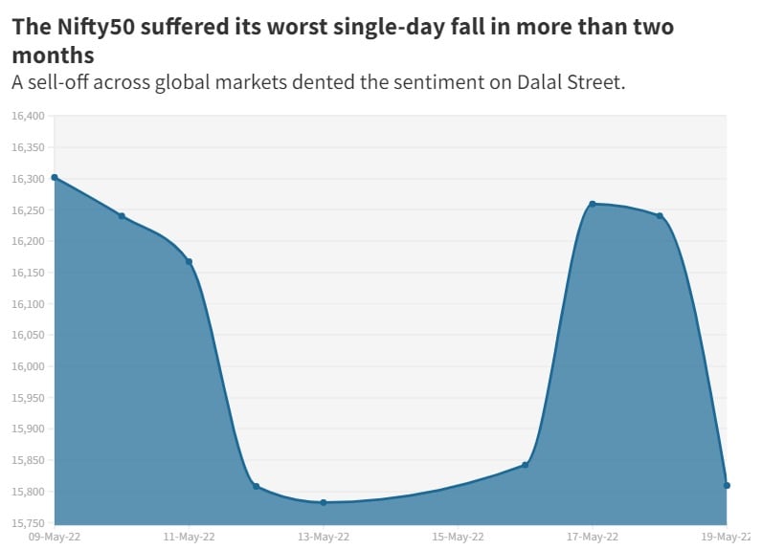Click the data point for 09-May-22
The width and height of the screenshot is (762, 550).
[55, 177]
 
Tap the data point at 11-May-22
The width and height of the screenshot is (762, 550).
[189, 261]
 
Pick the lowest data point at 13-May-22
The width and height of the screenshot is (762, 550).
[324, 502]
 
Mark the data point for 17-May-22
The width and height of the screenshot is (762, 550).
[593, 204]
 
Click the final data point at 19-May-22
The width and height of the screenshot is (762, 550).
[728, 486]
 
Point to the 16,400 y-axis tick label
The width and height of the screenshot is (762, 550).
[28, 116]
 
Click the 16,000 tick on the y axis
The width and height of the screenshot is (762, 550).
[28, 366]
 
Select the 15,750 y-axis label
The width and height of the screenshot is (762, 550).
[28, 523]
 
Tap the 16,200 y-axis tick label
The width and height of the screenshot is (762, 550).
[28, 241]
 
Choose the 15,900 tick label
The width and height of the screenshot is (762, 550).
[28, 429]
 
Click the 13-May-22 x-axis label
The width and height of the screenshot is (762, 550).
[324, 537]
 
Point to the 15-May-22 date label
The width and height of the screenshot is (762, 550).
[458, 537]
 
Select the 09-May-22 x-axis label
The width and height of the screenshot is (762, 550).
[55, 537]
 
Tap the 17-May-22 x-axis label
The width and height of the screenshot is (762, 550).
[593, 537]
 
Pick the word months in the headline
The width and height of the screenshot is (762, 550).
[53, 55]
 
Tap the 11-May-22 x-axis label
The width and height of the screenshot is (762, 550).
[189, 537]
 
